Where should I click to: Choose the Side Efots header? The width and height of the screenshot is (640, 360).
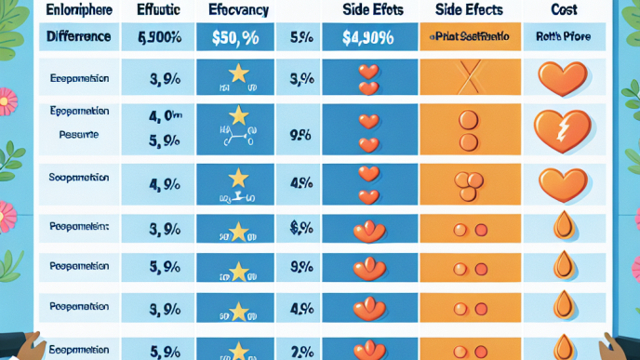(x=368, y=9)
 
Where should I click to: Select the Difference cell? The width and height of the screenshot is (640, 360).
(x=79, y=38)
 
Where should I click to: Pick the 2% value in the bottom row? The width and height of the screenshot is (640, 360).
(x=301, y=350)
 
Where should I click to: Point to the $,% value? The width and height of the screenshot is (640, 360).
(x=300, y=226)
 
